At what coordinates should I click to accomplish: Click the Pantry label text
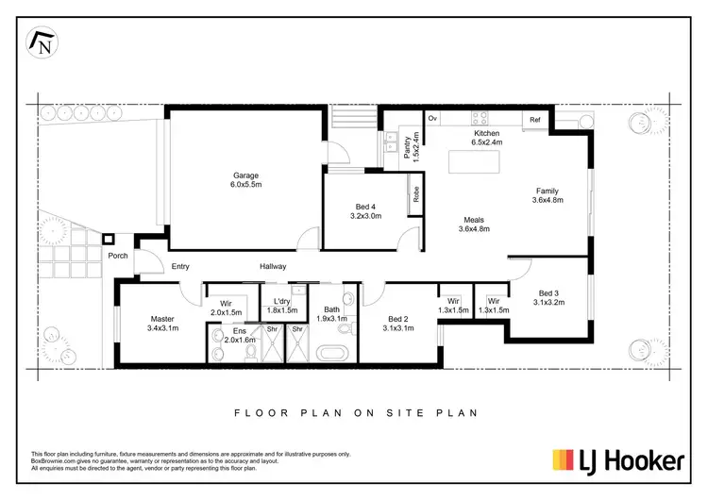[x=408, y=148]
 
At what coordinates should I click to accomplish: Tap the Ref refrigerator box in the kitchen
[x=535, y=120]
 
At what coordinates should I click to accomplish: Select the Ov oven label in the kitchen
[x=433, y=119]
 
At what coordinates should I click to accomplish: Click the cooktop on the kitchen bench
[x=480, y=119]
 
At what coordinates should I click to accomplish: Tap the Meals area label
[x=473, y=224]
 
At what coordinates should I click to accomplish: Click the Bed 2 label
[x=398, y=324]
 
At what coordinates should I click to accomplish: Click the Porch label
[x=118, y=256]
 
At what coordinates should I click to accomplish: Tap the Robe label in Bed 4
[x=415, y=194]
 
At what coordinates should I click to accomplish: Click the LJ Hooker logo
[x=617, y=460]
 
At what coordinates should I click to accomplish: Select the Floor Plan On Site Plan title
[x=354, y=412]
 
